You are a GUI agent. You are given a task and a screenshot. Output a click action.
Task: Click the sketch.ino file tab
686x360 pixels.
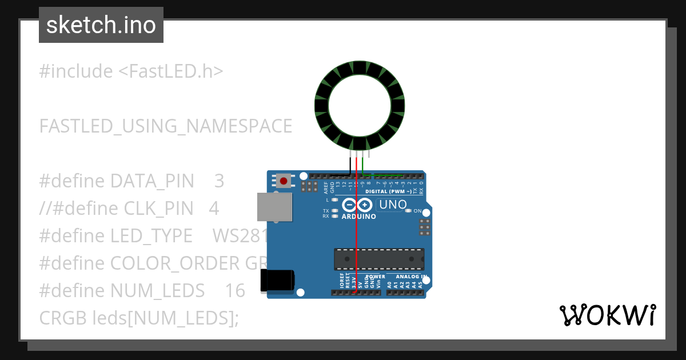coord(101,25)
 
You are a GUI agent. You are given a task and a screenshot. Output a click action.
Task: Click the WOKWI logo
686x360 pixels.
coord(607,315)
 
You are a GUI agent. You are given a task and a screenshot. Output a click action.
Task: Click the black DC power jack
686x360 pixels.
coord(278,280)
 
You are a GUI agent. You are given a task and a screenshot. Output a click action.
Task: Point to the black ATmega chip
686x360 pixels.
coord(379,259)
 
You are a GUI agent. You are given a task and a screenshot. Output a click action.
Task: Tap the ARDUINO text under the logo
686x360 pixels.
coord(358,217)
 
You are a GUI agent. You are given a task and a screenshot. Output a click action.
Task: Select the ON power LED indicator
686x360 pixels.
coord(408,211)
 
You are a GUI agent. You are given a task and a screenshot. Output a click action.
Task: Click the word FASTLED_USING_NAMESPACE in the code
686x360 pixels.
coord(166,126)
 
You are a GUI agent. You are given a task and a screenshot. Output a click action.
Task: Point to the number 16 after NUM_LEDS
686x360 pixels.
coord(234,291)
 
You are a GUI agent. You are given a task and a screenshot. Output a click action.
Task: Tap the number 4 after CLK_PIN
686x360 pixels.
coord(214,209)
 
